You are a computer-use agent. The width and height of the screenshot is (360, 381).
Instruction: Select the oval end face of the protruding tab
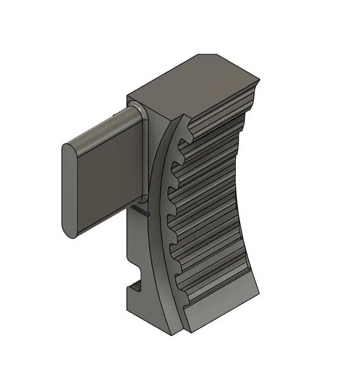[71, 188]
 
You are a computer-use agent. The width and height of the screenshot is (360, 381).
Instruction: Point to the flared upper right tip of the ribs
[259, 85]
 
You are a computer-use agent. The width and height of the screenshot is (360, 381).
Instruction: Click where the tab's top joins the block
[141, 110]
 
